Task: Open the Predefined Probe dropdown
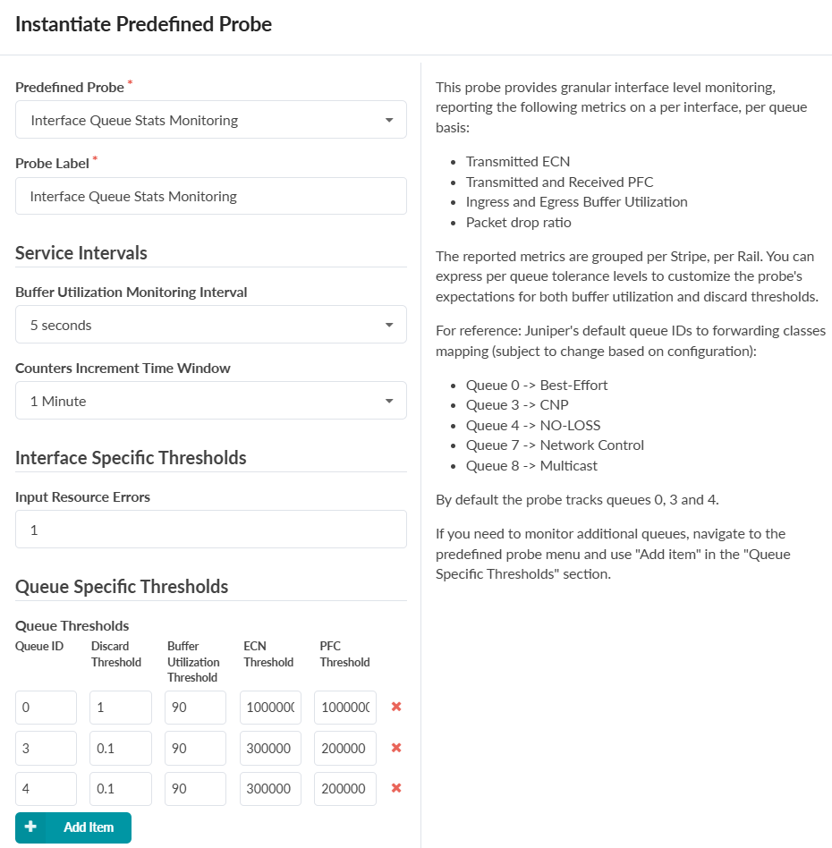[210, 120]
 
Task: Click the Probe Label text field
[210, 196]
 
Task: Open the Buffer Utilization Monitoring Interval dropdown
[210, 325]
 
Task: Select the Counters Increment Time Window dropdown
[210, 401]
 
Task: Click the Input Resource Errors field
[210, 530]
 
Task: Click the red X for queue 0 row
[396, 707]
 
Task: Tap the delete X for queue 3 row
[396, 748]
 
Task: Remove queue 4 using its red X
[396, 788]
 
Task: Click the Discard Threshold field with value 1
[121, 708]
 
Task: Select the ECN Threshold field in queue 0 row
[270, 708]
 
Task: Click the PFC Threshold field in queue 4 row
[344, 789]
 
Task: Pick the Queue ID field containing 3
[46, 748]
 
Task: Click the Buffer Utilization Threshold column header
[193, 662]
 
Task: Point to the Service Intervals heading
[81, 253]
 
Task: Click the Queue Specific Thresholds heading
[122, 587]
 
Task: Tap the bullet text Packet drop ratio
[518, 222]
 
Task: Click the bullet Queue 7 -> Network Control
[555, 445]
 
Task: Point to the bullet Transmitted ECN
[517, 162]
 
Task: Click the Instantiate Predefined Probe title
[144, 24]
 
